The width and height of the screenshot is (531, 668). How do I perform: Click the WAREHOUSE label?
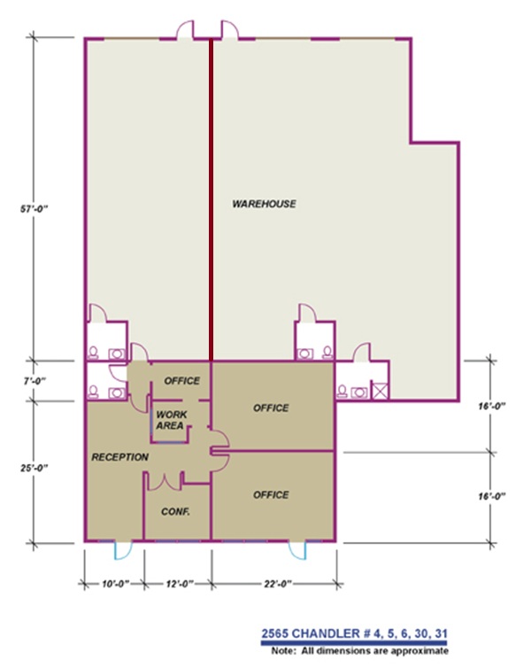(264, 204)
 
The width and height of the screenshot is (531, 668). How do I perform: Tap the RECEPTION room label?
(119, 457)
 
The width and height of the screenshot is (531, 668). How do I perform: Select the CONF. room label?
(176, 512)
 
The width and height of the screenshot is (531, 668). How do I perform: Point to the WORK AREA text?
(170, 420)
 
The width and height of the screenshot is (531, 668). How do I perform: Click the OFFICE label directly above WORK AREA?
(181, 381)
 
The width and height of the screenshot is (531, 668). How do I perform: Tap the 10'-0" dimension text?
(112, 584)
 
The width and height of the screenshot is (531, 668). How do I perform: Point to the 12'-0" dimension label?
(176, 584)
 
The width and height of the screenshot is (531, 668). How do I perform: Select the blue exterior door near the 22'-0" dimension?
(298, 549)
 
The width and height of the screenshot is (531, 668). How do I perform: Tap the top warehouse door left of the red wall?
(184, 30)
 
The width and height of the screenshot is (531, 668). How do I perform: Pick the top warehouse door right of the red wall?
(229, 30)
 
